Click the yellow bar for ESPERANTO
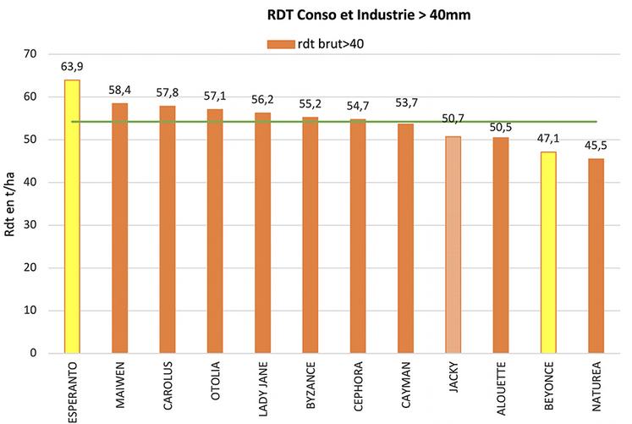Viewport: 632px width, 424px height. pyautogui.click(x=72, y=216)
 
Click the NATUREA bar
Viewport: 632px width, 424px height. pyautogui.click(x=596, y=255)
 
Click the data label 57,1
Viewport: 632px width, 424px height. pyautogui.click(x=215, y=96)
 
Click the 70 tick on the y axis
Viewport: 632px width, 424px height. pyautogui.click(x=30, y=54)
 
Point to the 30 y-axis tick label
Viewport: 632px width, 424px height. pyautogui.click(x=30, y=225)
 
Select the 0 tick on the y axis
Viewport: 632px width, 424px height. pyautogui.click(x=34, y=353)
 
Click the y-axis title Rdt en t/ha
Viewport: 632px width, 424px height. pyautogui.click(x=11, y=203)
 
